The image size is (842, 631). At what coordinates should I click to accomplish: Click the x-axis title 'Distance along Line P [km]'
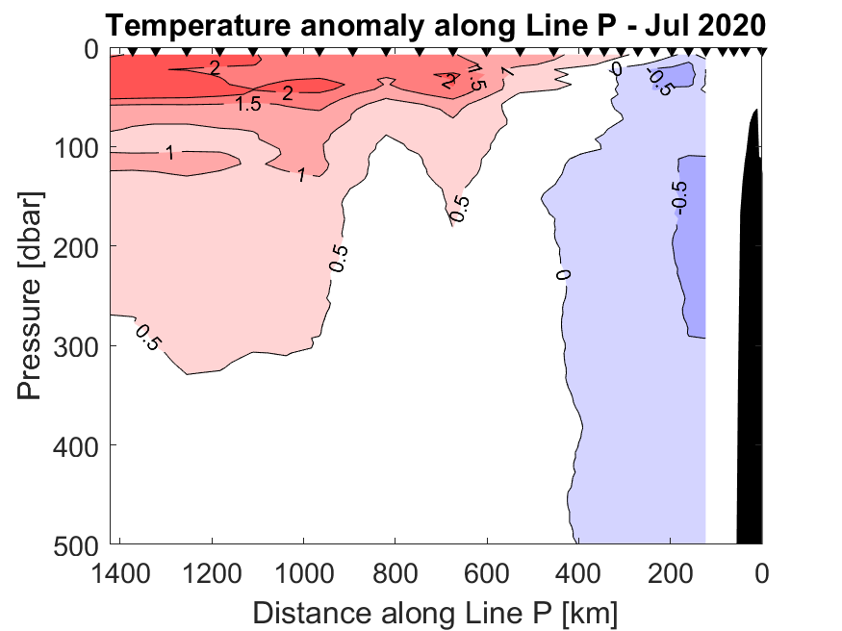pos(435,612)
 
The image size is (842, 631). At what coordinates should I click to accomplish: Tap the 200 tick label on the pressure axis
pos(77,246)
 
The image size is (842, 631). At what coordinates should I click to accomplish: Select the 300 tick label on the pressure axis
pos(77,345)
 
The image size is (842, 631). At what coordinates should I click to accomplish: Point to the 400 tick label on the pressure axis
pos(77,444)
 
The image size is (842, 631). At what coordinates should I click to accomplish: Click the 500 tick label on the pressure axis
pos(77,543)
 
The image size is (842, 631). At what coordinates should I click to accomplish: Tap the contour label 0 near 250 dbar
pos(563,275)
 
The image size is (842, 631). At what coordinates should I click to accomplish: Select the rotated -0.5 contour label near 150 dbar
pos(678,195)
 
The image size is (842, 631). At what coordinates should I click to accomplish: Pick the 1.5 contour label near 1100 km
pos(248,104)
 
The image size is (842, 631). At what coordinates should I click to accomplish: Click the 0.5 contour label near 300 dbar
pos(148,338)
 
